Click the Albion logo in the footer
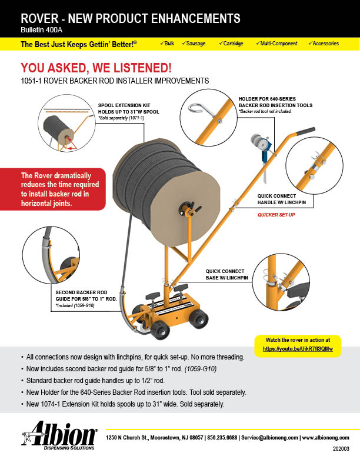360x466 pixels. pos(59,435)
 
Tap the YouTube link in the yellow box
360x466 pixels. pos(298,349)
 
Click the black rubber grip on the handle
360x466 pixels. pos(305,131)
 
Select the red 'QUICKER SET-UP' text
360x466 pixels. pos(276,215)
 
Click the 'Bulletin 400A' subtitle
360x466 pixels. pos(42,30)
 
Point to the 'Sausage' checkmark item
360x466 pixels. pos(194,44)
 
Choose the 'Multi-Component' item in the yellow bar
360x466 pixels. pos(276,44)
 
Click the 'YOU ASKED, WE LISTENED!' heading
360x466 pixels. pos(96,68)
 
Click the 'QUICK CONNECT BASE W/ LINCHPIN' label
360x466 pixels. pos(227,275)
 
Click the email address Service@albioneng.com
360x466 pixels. pos(269,438)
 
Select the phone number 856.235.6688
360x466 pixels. pos(222,438)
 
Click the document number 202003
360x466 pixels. pos(341,449)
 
